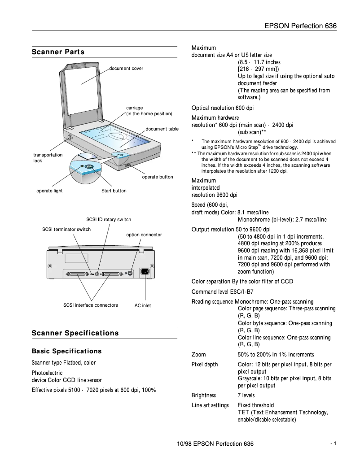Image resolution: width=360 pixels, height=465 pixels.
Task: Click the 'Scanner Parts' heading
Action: (x=58, y=52)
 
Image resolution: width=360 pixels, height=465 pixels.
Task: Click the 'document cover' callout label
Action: (x=126, y=69)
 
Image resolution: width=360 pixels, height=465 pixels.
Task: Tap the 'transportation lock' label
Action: (x=48, y=158)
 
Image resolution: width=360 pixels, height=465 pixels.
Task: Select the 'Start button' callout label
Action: (x=114, y=191)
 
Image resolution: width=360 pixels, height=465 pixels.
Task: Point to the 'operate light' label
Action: (x=49, y=191)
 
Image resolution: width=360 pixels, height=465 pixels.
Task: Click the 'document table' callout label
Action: (x=162, y=129)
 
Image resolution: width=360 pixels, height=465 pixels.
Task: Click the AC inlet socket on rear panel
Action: (x=145, y=272)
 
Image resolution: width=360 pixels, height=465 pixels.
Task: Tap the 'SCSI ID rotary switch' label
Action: (x=109, y=220)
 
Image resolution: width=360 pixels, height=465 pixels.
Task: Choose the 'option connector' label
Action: (x=144, y=235)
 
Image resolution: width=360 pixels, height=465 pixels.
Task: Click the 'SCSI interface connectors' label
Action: (x=91, y=305)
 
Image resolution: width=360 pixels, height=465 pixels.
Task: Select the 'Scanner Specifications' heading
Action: (x=75, y=333)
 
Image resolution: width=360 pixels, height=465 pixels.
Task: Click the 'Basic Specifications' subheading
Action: (x=66, y=351)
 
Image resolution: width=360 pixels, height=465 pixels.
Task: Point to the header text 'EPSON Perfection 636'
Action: (x=300, y=26)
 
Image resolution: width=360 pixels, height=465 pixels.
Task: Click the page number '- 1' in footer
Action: (x=333, y=443)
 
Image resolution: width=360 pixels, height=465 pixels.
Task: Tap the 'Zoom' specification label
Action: (x=199, y=355)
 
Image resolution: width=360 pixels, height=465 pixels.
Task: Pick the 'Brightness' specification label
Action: (x=204, y=395)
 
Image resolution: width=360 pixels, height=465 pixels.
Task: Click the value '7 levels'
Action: (x=246, y=395)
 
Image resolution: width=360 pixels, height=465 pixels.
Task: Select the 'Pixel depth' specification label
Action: (x=205, y=365)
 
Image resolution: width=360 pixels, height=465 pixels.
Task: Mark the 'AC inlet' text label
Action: (x=143, y=306)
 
